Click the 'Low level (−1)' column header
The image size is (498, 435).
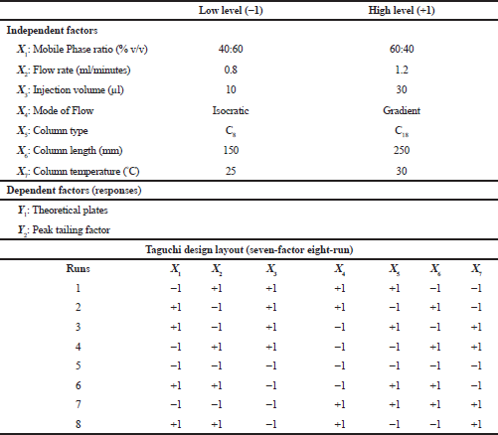[x=231, y=10]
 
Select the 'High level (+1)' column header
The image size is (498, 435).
[x=402, y=10]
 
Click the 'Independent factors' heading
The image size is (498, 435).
[x=52, y=30]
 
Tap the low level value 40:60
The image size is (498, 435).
[x=231, y=49]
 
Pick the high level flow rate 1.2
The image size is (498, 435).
[x=402, y=70]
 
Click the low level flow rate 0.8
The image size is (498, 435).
[x=231, y=70]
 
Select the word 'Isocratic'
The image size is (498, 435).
[x=231, y=110]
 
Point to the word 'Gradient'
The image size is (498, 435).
[x=402, y=110]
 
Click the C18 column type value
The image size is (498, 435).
[x=402, y=131]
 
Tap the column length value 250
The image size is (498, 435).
[x=402, y=150]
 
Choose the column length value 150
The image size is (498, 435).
[x=231, y=150]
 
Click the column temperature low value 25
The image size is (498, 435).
[x=231, y=171]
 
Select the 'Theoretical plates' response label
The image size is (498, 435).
[x=63, y=211]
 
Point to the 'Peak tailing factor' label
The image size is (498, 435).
[x=64, y=230]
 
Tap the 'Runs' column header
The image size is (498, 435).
[x=78, y=268]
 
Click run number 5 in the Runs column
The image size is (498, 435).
[x=78, y=365]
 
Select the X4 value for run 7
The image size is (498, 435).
[x=340, y=404]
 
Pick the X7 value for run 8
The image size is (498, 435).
[x=476, y=424]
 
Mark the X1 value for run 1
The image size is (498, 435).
[x=176, y=288]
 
